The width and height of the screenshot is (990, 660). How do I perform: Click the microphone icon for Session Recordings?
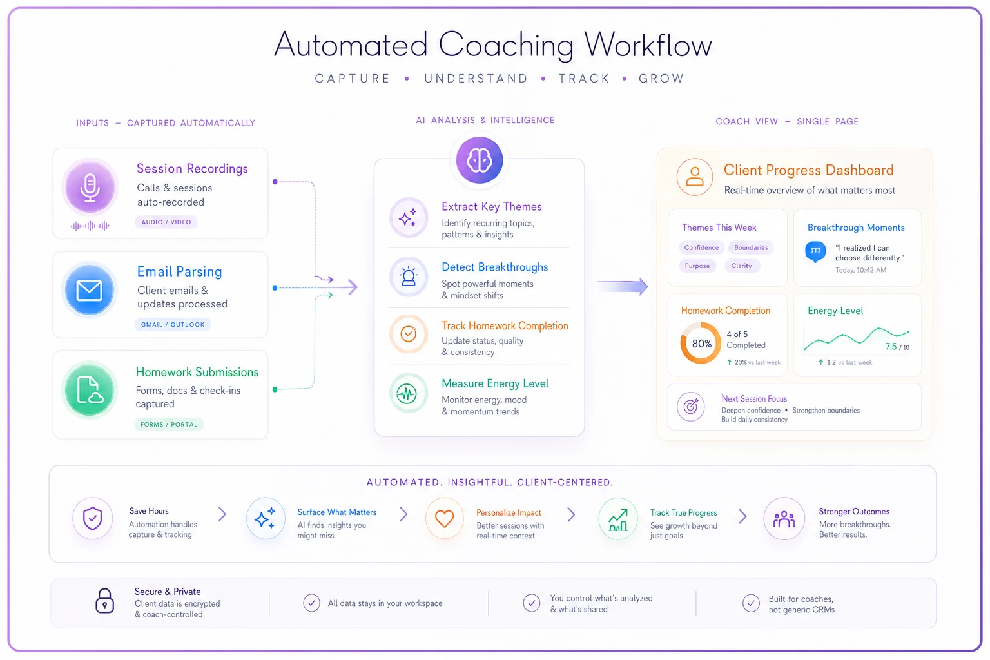point(90,187)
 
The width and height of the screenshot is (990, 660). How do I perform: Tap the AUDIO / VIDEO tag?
point(166,222)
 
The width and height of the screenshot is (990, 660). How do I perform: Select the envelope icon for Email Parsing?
point(90,291)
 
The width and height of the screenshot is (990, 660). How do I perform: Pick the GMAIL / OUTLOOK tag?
point(173,324)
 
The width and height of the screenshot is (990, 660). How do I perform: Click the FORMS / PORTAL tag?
point(169,424)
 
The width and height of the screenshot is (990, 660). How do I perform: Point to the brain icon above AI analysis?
point(480,160)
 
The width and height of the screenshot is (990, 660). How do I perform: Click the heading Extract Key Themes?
point(492,206)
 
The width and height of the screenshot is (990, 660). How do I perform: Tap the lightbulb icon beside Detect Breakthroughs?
point(409,277)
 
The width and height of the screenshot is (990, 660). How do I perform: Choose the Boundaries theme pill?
point(751,247)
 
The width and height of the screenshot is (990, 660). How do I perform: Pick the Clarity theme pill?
point(741,266)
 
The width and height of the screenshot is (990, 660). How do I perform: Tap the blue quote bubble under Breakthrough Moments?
point(815,251)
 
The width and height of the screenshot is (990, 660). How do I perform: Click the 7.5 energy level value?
point(891,347)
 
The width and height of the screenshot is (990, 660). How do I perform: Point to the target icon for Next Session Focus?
point(691,406)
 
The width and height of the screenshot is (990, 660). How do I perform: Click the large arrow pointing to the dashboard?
point(623,286)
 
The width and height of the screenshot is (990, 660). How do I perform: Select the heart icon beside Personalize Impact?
point(444,518)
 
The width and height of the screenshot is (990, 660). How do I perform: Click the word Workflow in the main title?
point(648,45)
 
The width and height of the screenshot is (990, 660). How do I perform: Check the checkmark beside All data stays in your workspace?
point(311,603)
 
